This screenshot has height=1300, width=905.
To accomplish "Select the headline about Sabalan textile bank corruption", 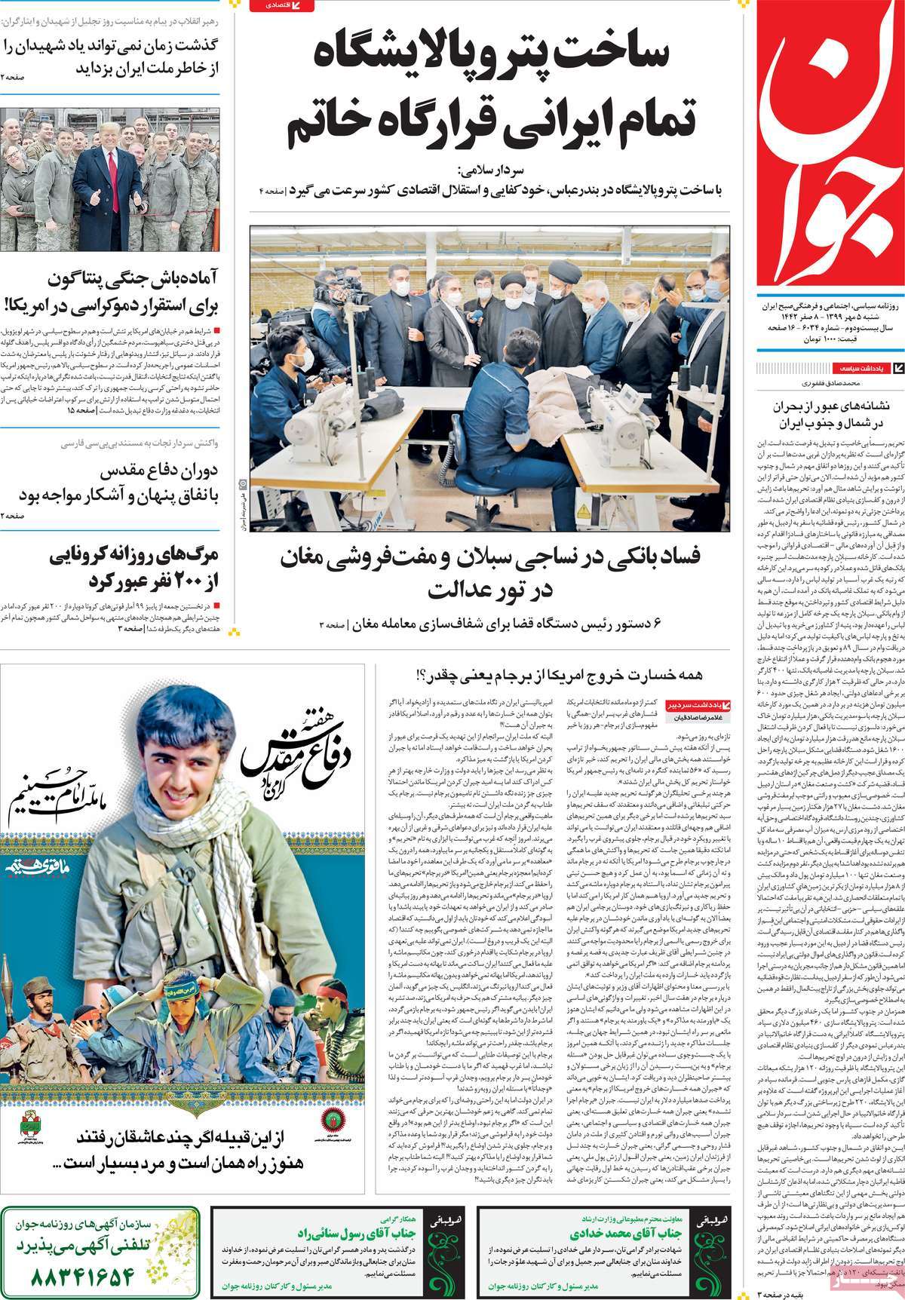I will tap(490, 573).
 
